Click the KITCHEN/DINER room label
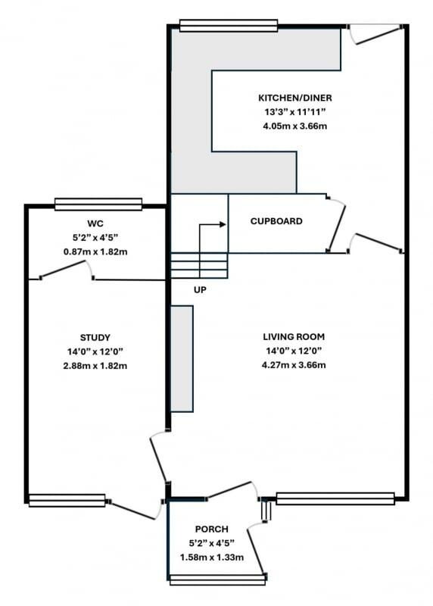[294, 98]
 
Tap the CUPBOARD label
[276, 221]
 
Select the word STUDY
[95, 337]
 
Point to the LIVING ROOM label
[294, 336]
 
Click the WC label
[95, 223]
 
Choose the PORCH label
[211, 529]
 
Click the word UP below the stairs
[200, 289]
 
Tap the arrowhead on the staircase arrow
[223, 224]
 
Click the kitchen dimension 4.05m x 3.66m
[294, 126]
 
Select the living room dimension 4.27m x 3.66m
[294, 365]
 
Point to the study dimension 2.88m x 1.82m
[95, 366]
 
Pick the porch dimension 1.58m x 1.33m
[211, 558]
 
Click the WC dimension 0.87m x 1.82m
[95, 252]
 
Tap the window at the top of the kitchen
[229, 26]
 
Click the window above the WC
[98, 205]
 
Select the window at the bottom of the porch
[217, 579]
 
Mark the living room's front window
[335, 498]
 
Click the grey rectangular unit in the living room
[182, 359]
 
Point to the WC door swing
[67, 269]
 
